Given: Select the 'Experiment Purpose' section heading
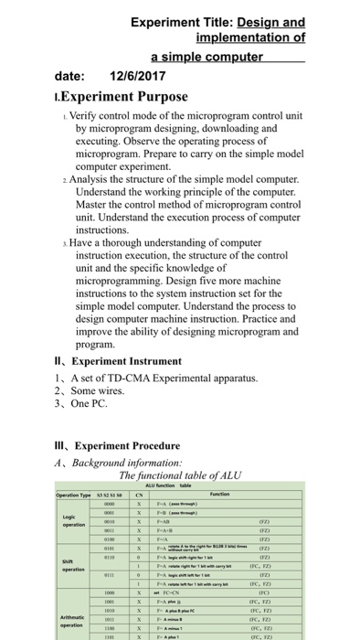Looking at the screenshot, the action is (112, 97).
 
